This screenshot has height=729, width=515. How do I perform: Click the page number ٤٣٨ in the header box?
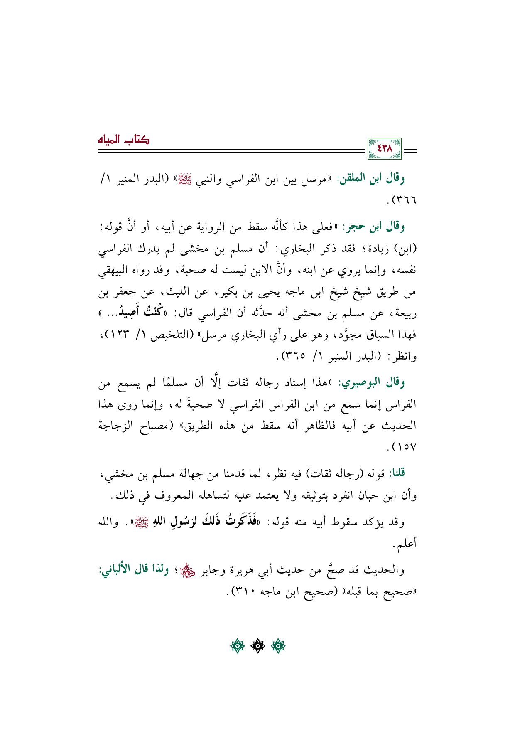pyautogui.click(x=384, y=148)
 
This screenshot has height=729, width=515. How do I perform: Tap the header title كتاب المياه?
pyautogui.click(x=123, y=139)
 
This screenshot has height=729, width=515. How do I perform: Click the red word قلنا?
pyautogui.click(x=396, y=473)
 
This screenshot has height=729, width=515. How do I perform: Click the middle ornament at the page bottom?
pyautogui.click(x=257, y=646)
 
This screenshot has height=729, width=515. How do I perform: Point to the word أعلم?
pyautogui.click(x=407, y=543)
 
